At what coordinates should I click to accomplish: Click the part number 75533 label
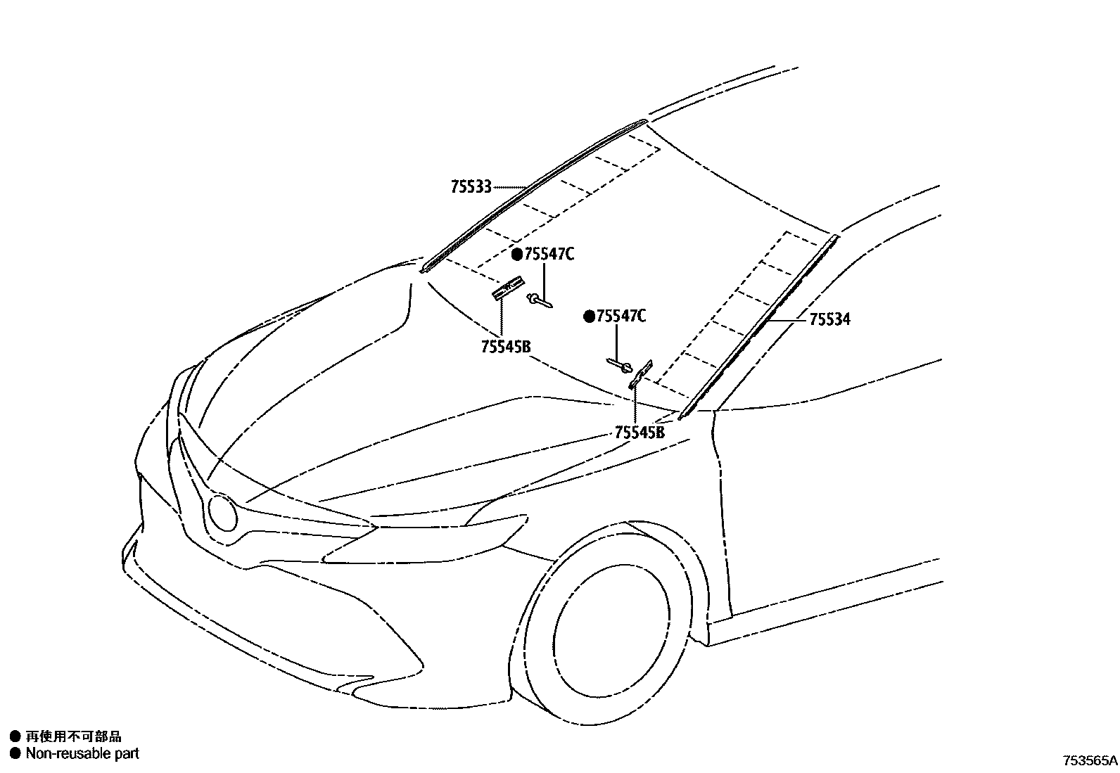[x=471, y=187]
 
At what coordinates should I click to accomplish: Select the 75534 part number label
[x=829, y=319]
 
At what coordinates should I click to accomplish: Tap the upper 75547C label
[x=549, y=255]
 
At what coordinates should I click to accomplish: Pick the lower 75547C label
[x=621, y=317]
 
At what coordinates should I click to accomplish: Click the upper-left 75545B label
[x=505, y=347]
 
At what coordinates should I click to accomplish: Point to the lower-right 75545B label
[x=639, y=433]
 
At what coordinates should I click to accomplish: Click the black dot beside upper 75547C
[x=517, y=255]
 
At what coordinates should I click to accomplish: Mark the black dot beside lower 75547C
[x=589, y=317]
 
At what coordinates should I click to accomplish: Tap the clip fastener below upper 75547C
[x=539, y=300]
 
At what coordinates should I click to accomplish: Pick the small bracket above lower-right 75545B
[x=641, y=373]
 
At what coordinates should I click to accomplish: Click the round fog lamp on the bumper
[x=224, y=513]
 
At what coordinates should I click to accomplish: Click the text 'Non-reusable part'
[x=82, y=753]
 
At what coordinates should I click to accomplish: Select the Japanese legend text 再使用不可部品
[x=73, y=736]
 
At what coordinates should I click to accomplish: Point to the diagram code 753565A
[x=1090, y=760]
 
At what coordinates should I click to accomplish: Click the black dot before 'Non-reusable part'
[x=15, y=753]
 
